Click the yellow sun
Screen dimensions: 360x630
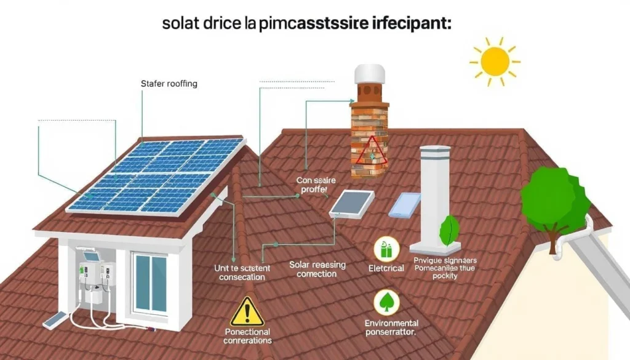(495, 62)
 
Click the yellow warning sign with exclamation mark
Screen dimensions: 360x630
(247, 313)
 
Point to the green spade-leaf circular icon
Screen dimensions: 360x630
(386, 303)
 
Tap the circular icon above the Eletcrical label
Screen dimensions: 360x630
(386, 249)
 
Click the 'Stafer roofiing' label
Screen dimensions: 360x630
(169, 84)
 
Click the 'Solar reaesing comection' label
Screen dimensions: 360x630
(317, 270)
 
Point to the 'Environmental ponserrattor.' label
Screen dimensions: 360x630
(391, 327)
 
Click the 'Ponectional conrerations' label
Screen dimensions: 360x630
(247, 336)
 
